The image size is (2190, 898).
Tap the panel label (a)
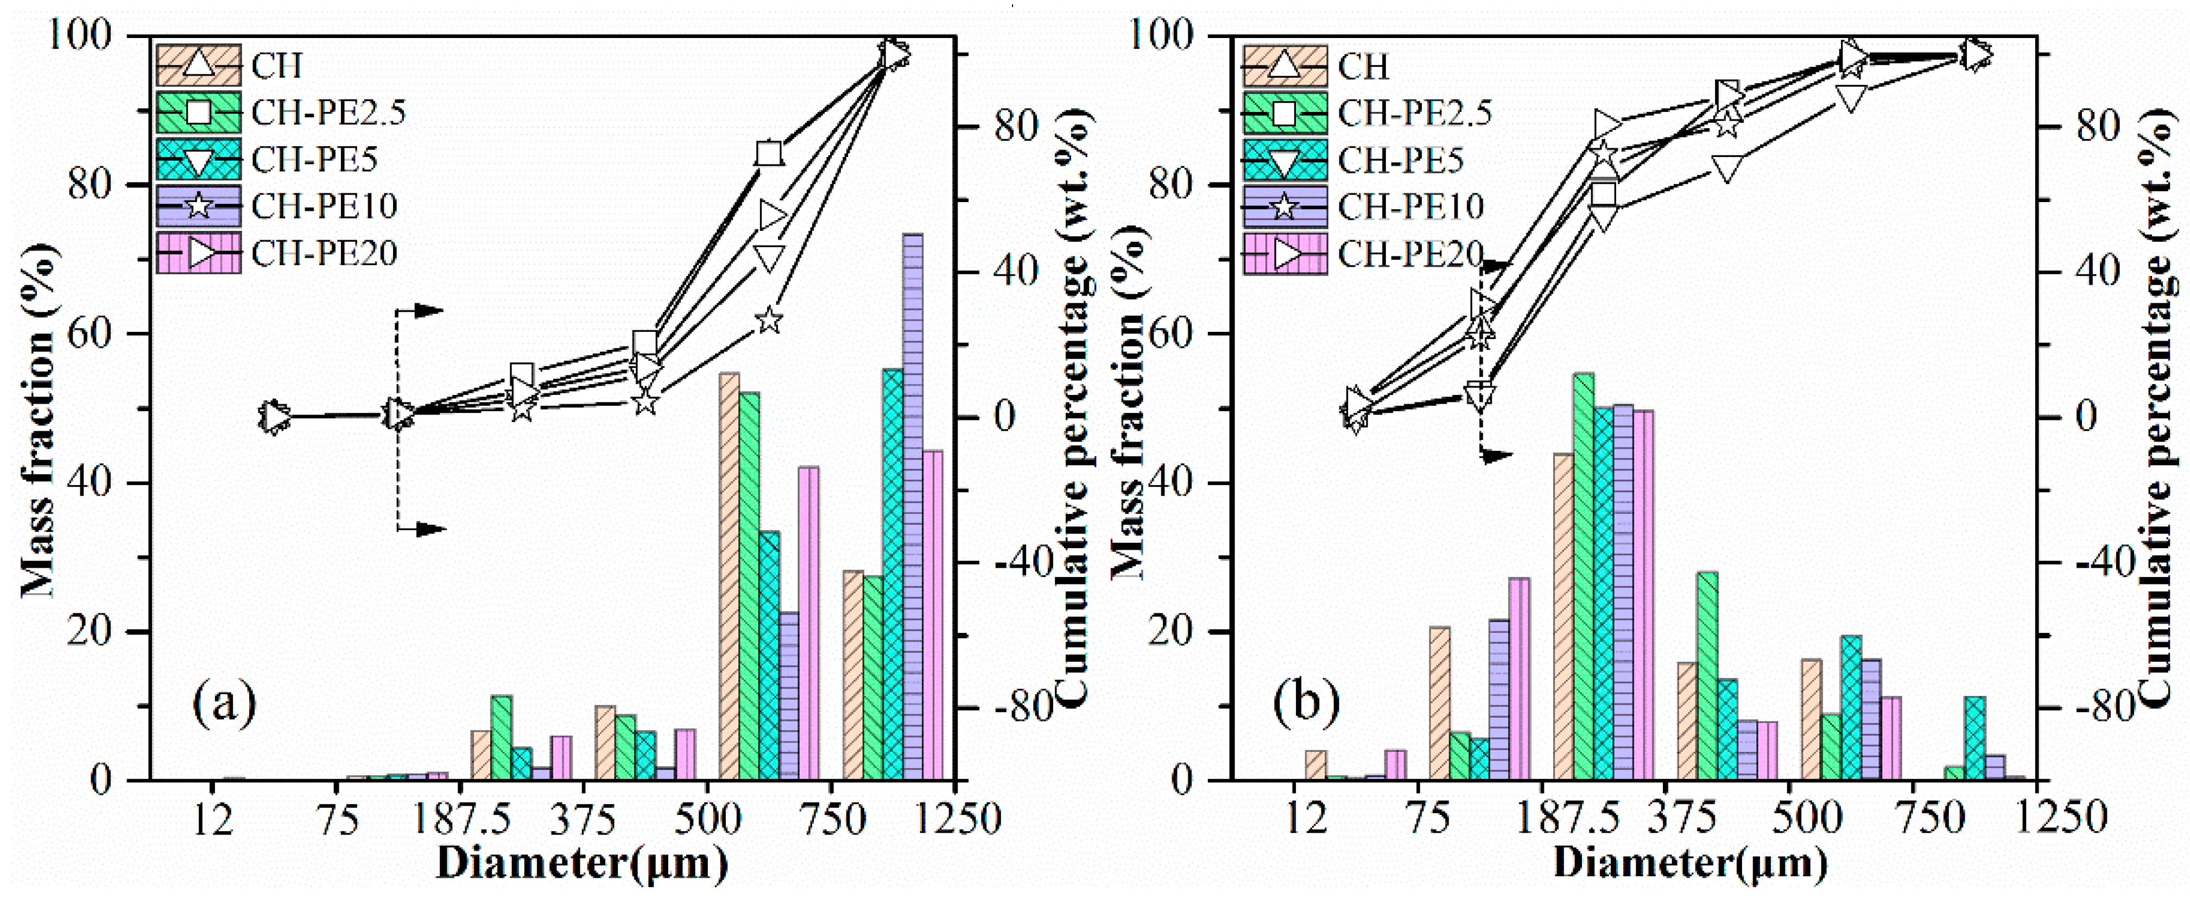pos(224,704)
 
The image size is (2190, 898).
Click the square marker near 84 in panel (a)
pos(769,154)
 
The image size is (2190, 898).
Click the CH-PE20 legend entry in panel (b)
pos(1409,253)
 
